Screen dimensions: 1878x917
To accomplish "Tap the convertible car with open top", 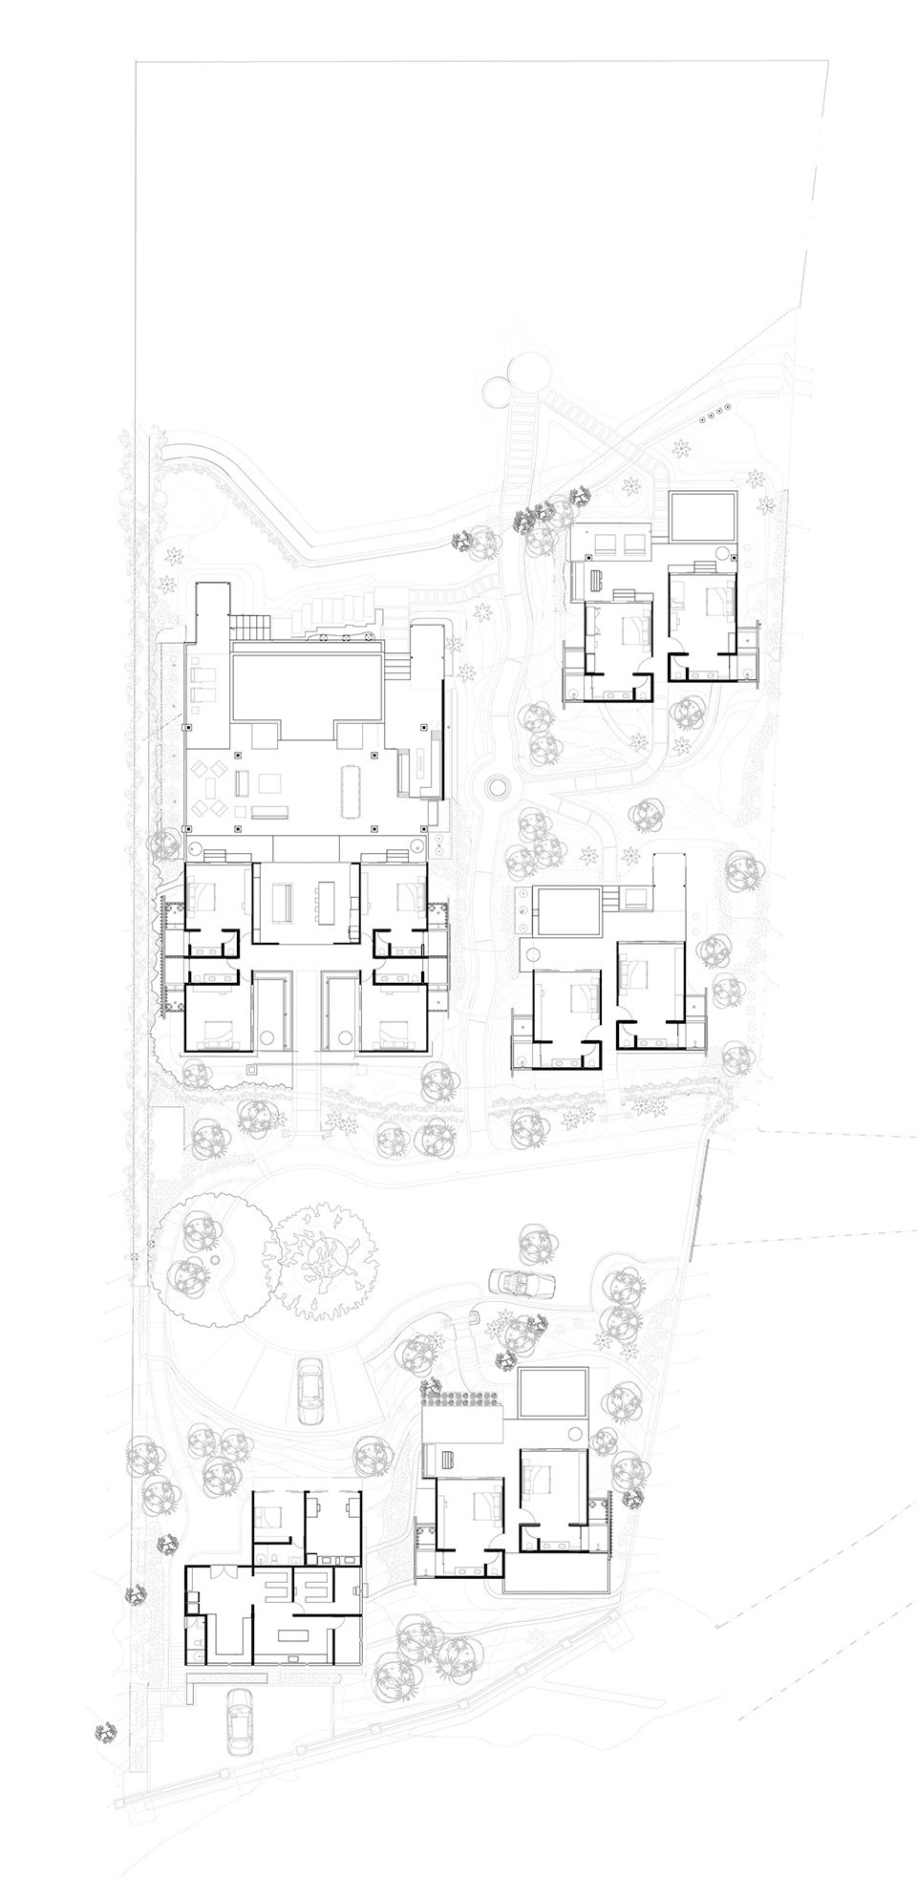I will point(516,1281).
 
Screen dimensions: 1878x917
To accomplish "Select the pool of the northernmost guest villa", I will point(703,517).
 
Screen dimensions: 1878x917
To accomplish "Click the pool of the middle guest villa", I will point(567,911).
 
